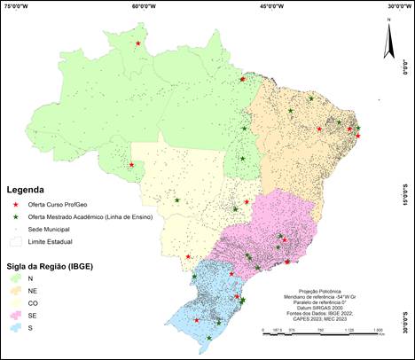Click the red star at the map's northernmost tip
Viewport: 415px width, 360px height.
click(x=138, y=42)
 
